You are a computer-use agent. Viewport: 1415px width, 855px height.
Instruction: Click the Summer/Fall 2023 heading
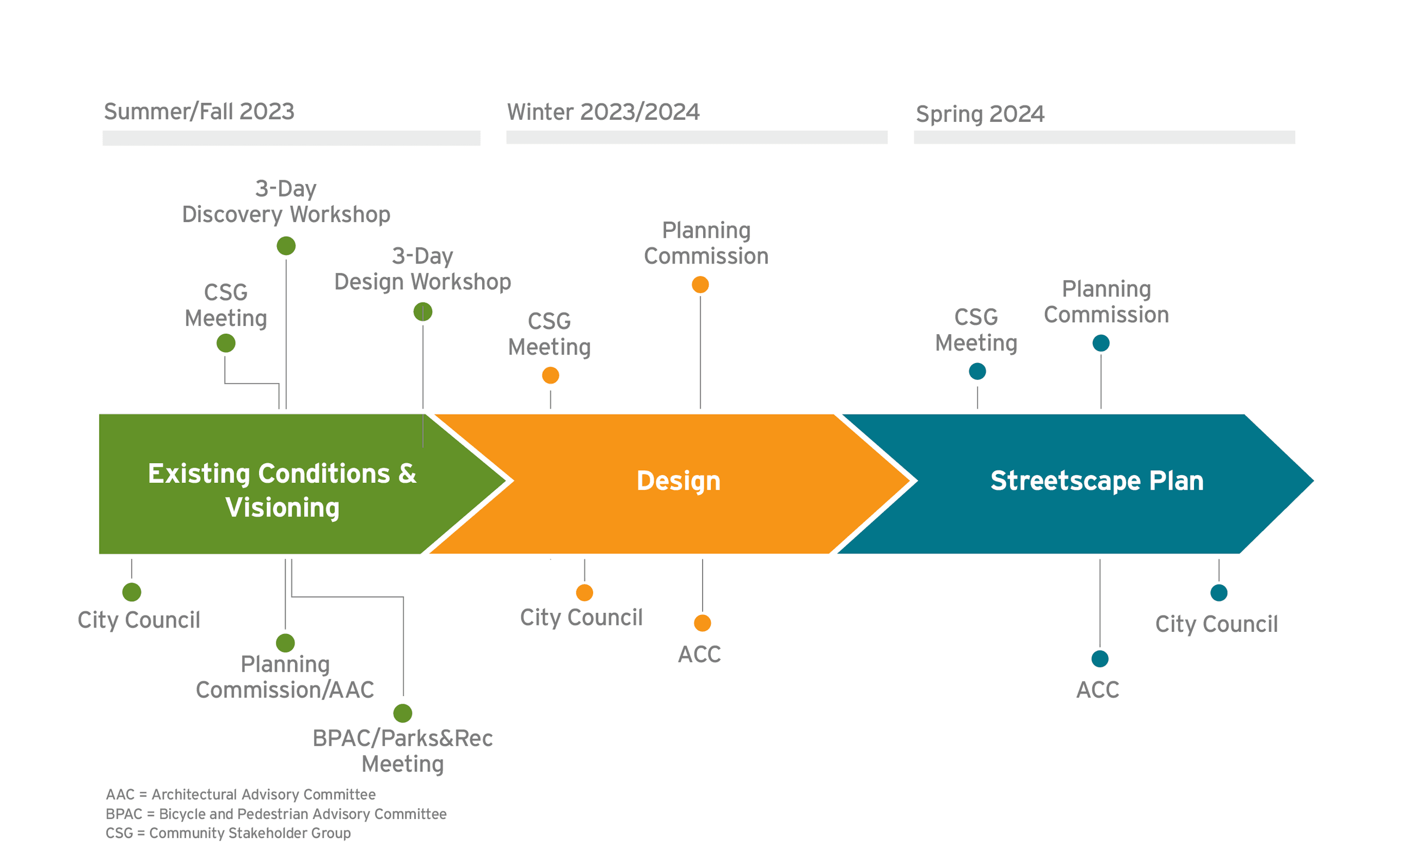tap(199, 112)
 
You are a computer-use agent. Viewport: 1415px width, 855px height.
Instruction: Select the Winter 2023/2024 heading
tap(603, 112)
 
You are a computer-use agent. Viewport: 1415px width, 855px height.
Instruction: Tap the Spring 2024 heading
tap(980, 114)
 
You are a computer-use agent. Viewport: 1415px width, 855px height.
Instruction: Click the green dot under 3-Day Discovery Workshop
tap(286, 246)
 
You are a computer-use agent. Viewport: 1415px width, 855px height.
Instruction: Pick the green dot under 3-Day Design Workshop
tap(423, 312)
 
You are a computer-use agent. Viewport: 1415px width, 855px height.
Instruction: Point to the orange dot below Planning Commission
tap(700, 285)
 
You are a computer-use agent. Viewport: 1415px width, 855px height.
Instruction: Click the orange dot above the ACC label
tap(703, 623)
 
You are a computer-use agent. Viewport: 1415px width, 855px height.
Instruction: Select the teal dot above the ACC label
tap(1100, 659)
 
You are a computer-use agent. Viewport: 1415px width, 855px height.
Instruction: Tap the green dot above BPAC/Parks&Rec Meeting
tap(403, 713)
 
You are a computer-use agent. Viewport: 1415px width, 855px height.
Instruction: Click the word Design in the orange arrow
tap(678, 481)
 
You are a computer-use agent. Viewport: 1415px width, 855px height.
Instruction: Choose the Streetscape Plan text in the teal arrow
tap(1096, 481)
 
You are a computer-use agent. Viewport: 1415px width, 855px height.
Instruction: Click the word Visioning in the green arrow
tap(282, 508)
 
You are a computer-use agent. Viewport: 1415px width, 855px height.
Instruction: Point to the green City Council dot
tap(132, 592)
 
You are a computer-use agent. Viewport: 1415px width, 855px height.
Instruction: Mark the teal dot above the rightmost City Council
tap(1219, 593)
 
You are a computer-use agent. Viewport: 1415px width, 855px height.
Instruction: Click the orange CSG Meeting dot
tap(550, 376)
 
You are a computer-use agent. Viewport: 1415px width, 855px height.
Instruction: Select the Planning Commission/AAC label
tap(285, 677)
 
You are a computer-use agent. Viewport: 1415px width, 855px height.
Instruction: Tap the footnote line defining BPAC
tap(275, 814)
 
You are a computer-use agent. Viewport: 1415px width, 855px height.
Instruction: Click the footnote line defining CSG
tap(228, 833)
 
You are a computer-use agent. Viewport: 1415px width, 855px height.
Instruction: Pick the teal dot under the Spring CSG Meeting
tap(977, 372)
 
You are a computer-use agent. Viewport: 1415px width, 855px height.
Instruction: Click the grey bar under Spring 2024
tap(1104, 137)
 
